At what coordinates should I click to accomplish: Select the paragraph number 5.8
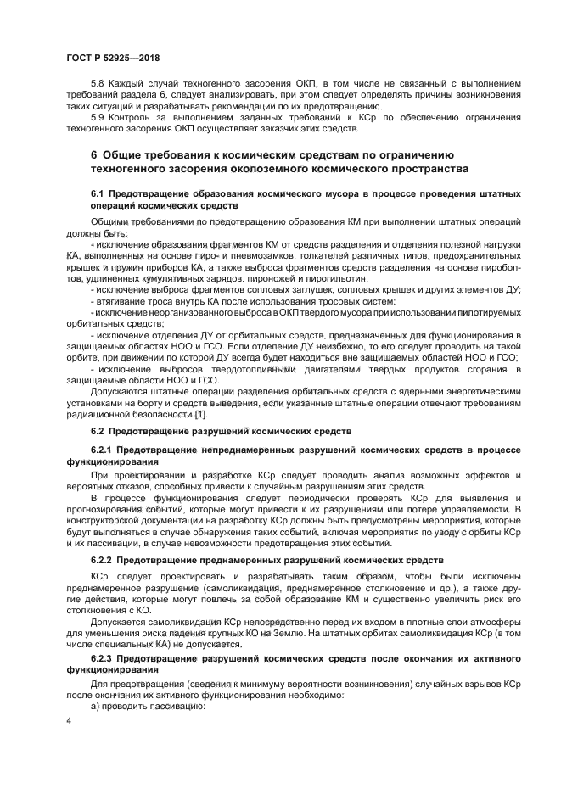[x=98, y=82]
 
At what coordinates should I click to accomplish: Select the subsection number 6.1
[x=98, y=194]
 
